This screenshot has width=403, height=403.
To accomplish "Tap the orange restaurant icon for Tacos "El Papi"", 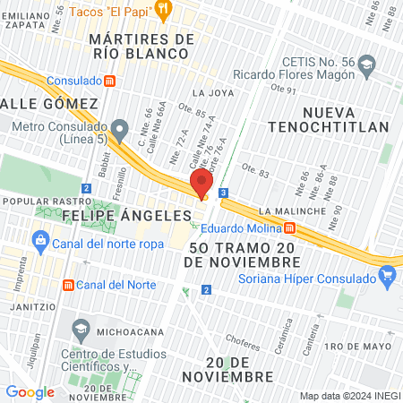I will click(x=162, y=10).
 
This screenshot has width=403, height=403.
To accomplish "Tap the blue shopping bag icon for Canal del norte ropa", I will click(x=39, y=240).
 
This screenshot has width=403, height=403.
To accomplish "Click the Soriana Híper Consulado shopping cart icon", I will click(x=387, y=273).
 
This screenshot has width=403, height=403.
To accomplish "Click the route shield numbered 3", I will click(x=222, y=192).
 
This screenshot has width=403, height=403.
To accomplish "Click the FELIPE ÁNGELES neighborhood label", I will click(x=126, y=216).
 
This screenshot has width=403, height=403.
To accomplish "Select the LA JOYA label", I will click(x=211, y=92).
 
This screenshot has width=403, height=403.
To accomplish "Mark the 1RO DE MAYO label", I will click(x=358, y=346).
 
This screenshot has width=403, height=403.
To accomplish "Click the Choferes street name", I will click(x=243, y=339).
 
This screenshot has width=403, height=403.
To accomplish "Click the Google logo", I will click(x=30, y=391).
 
